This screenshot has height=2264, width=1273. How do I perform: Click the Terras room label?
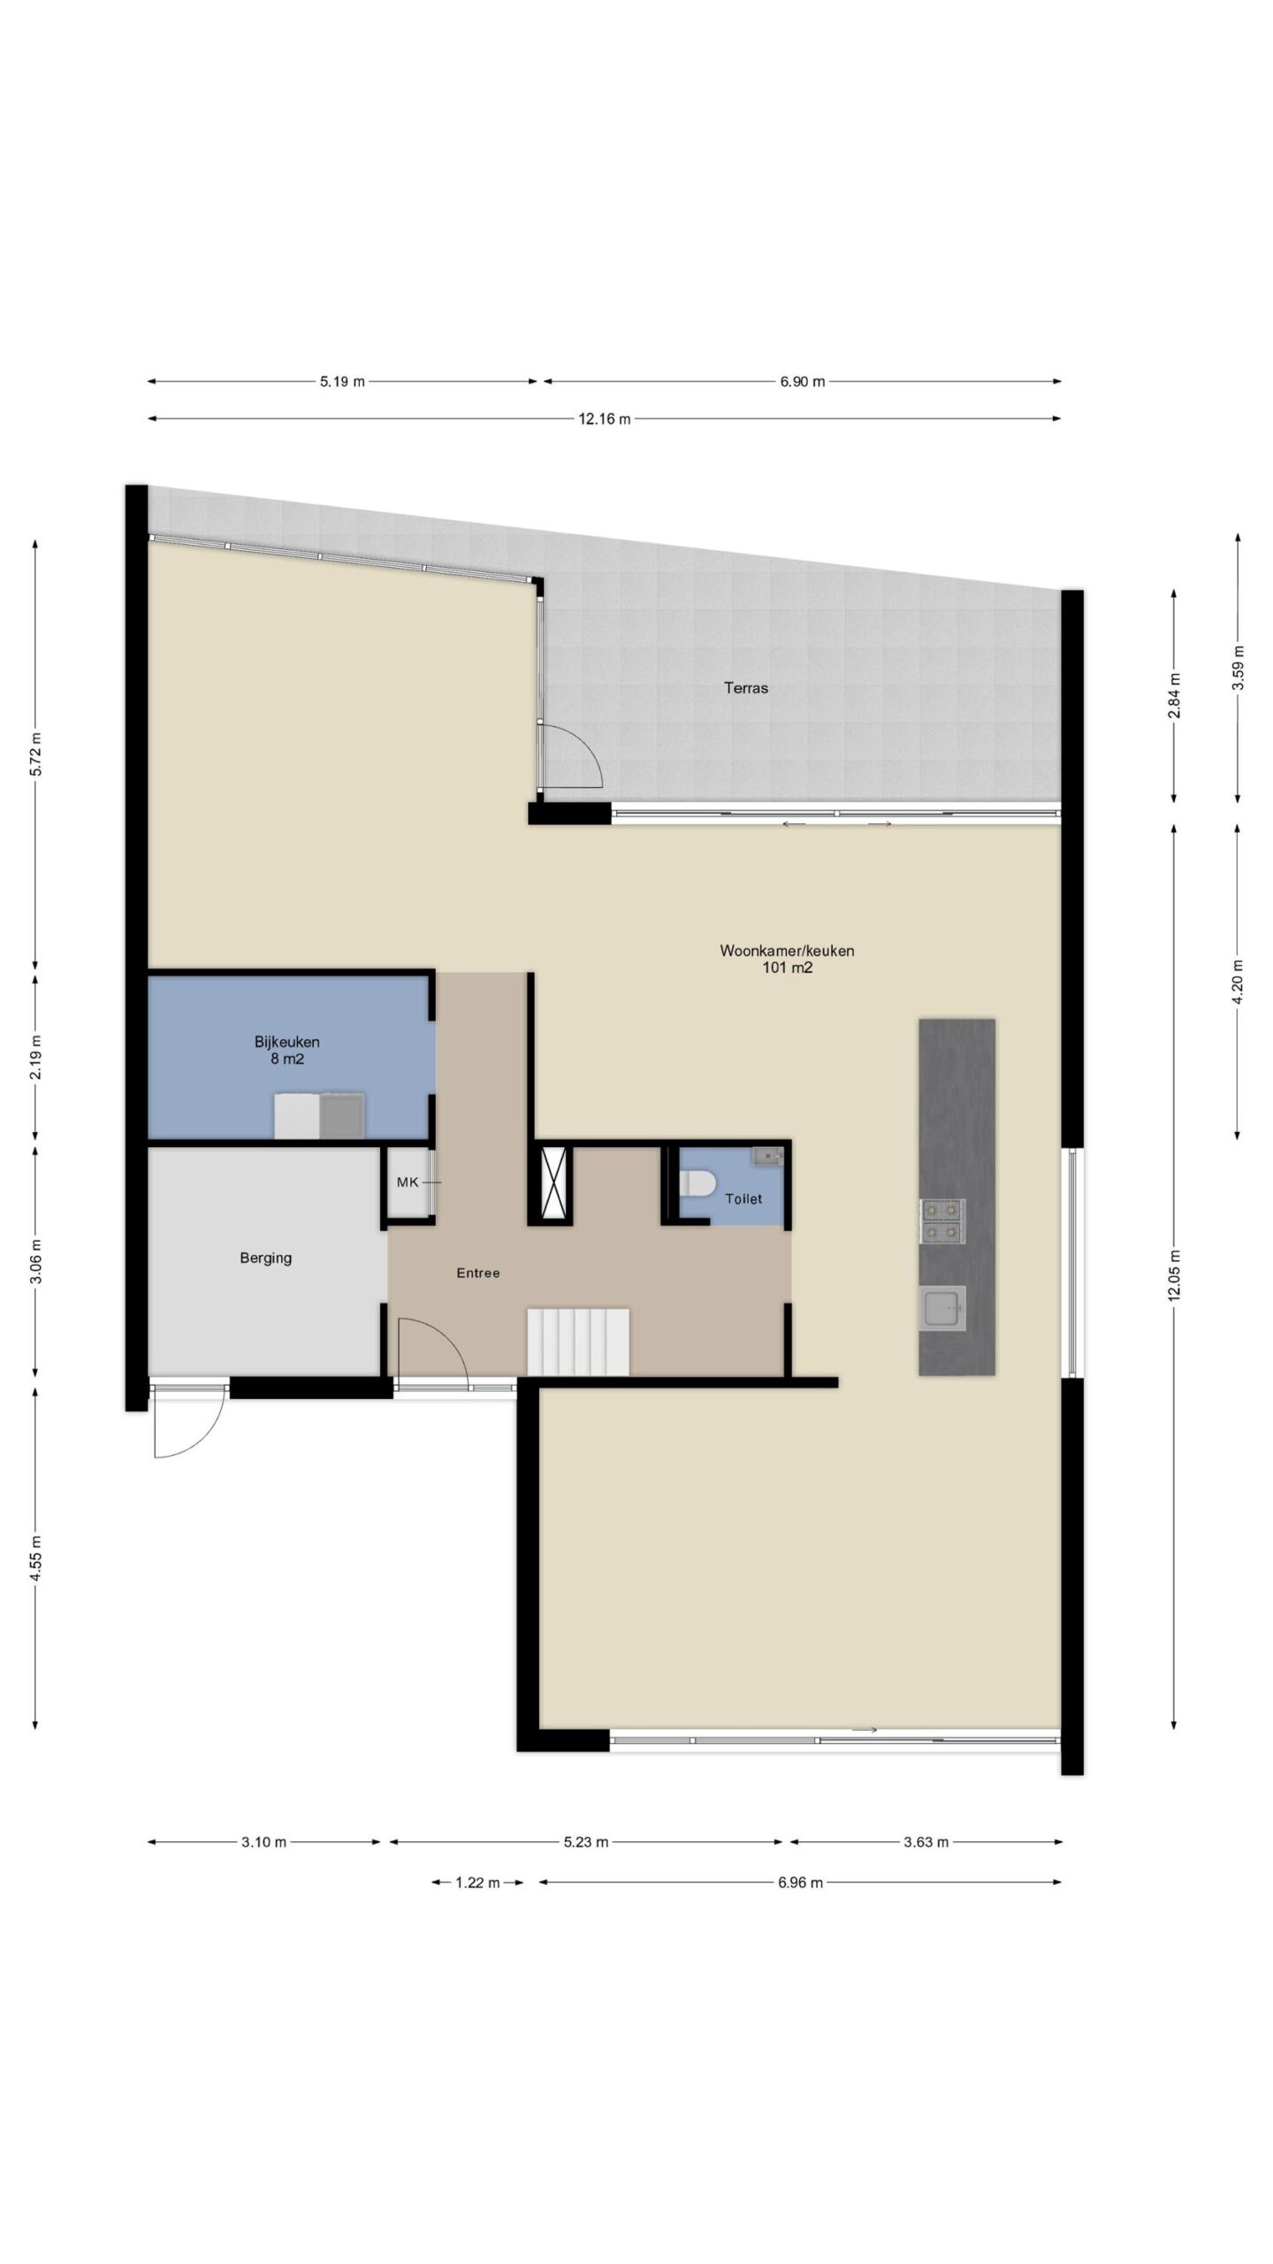pos(746,688)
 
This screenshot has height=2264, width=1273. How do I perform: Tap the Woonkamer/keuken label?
pos(787,952)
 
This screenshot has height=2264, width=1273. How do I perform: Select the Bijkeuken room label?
pos(287,1042)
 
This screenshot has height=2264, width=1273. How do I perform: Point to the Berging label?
pos(265,1258)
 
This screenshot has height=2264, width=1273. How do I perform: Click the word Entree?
pos(478,1273)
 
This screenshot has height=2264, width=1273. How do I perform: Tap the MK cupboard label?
pos(408,1182)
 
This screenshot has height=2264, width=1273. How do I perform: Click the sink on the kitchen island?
pos(943,1307)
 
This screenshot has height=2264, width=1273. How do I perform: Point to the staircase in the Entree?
pos(578,1342)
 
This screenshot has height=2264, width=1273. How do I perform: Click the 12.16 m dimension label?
pos(605,419)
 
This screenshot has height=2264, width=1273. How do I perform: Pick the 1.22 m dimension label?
pos(477,1883)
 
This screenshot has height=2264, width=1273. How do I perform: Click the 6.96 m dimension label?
pos(800,1883)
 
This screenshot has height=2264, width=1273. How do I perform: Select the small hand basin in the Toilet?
pos(766,1154)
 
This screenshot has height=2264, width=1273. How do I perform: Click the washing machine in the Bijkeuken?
pos(297,1115)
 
